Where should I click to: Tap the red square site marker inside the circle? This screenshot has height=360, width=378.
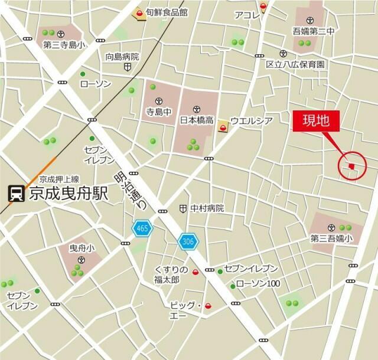click(351, 167)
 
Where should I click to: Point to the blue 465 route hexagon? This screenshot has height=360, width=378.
click(142, 227)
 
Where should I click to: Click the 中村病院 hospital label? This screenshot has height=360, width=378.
click(207, 208)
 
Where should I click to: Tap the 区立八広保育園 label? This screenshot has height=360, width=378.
click(295, 64)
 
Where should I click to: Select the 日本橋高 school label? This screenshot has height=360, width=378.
click(197, 120)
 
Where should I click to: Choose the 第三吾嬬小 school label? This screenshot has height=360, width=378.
click(331, 238)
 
